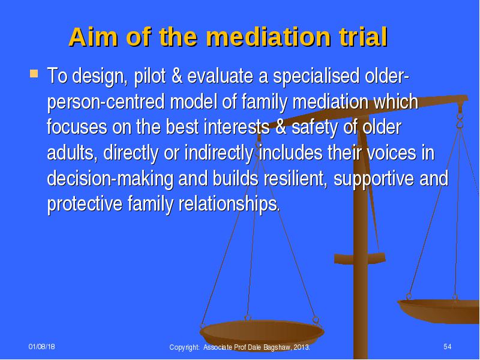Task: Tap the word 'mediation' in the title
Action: coord(269,37)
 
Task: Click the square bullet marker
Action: coord(34,74)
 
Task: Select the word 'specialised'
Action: coord(316,76)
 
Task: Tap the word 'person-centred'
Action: coord(106,102)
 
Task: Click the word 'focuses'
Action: coord(77,127)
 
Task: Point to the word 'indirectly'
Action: coord(219,153)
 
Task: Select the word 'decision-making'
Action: coord(110,178)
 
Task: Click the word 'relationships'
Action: coord(229,204)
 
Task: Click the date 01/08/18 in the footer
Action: coord(42,347)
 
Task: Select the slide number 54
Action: coord(448,347)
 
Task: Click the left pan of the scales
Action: coord(262,334)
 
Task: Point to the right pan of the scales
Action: coord(439,310)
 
